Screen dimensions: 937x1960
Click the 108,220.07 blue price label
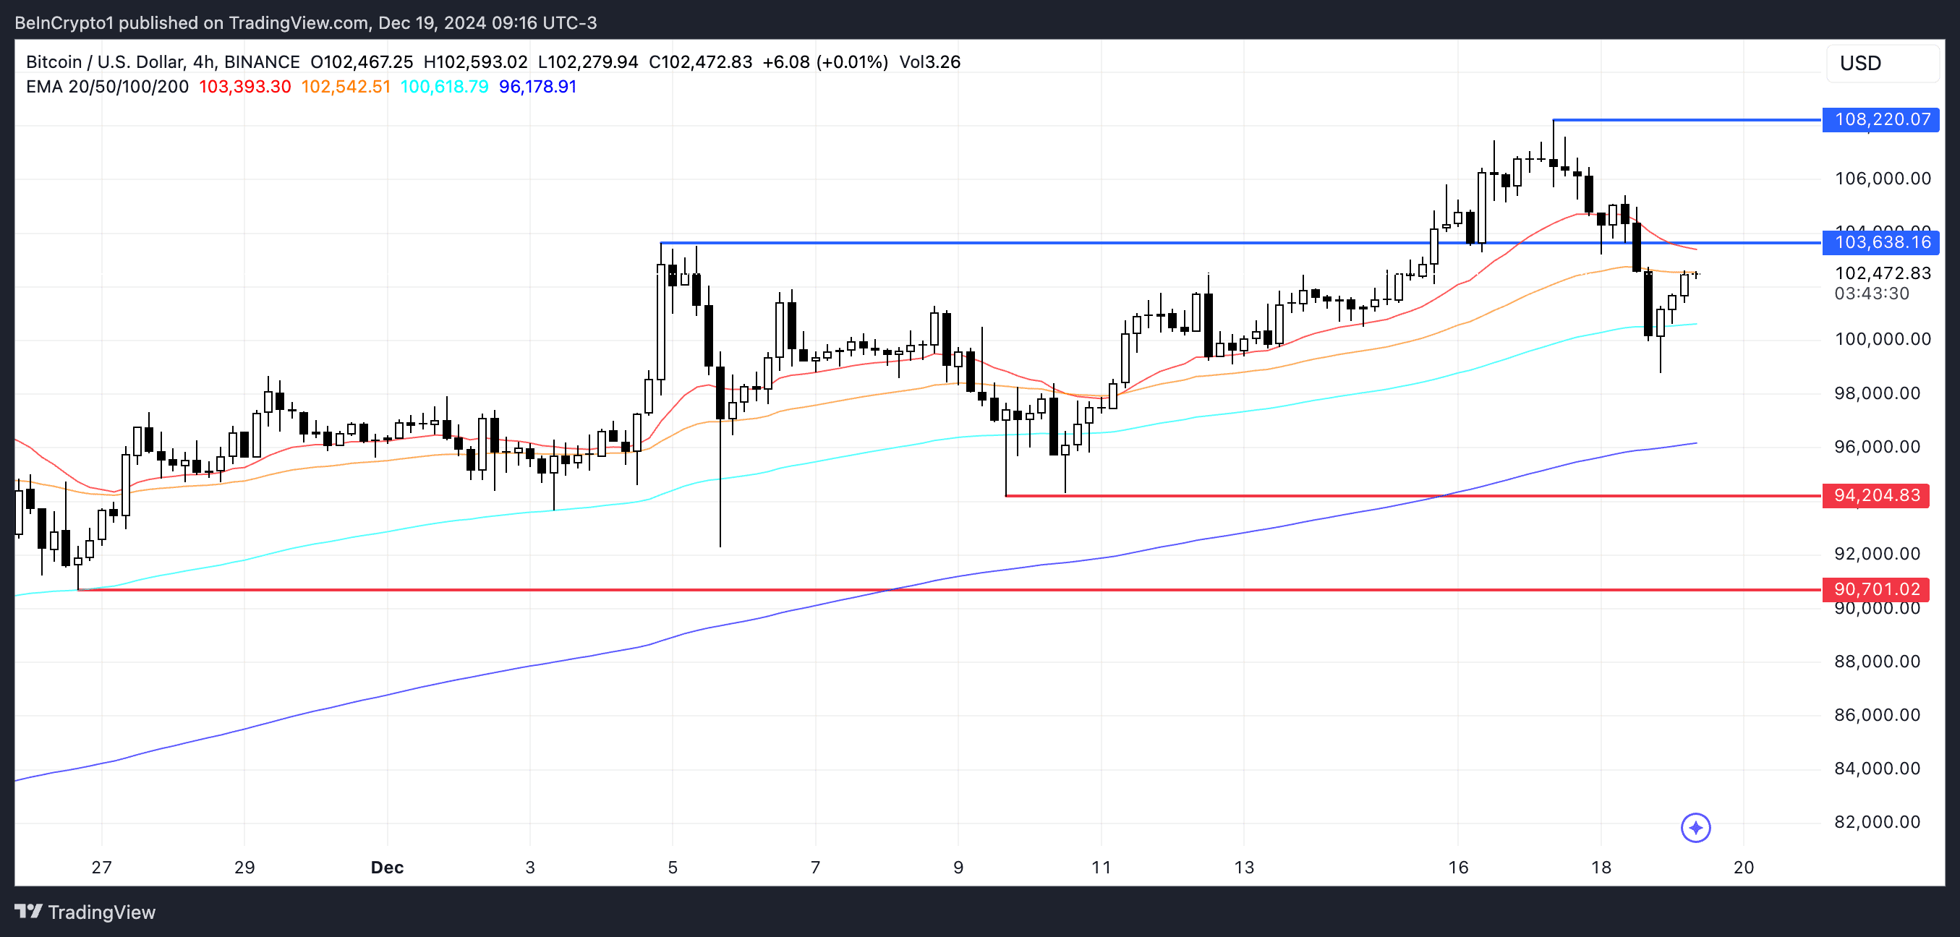(x=1881, y=119)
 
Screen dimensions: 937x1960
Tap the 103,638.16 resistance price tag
(x=1881, y=243)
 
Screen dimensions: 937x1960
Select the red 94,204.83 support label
(x=1876, y=496)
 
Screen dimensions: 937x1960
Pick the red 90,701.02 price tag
(x=1876, y=589)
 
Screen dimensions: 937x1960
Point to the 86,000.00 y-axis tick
(x=1877, y=715)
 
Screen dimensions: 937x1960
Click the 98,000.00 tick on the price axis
(x=1877, y=393)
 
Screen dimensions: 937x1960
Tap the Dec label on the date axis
(x=386, y=867)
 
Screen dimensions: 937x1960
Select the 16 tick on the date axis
(x=1458, y=867)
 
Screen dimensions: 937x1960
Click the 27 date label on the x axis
(x=101, y=867)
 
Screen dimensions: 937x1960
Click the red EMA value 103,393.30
(x=245, y=87)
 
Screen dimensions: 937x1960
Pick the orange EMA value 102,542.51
(x=346, y=87)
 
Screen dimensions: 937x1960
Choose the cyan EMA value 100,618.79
(x=444, y=87)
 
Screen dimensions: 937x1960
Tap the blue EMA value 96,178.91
(x=538, y=87)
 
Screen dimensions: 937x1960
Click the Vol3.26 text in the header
(x=930, y=62)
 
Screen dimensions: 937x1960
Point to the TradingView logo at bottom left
(x=85, y=912)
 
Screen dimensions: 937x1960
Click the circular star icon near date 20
(x=1695, y=828)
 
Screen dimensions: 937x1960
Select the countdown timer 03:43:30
(x=1872, y=294)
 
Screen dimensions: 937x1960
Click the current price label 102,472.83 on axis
(x=1883, y=273)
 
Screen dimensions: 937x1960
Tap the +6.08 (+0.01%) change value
(x=825, y=62)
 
